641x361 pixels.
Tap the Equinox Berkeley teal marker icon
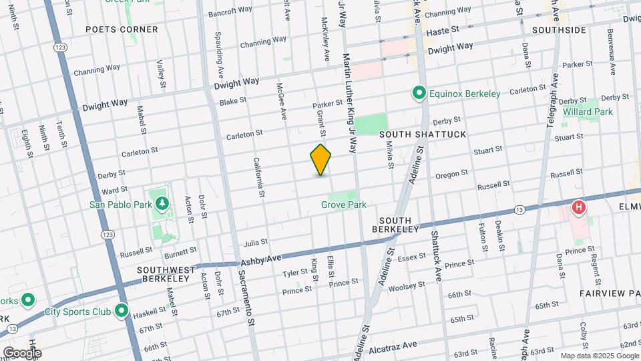(x=419, y=94)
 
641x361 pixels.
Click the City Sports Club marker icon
(x=122, y=311)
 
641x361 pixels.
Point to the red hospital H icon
(x=579, y=208)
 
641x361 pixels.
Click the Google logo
(x=21, y=352)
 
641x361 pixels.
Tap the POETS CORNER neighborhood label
(x=122, y=29)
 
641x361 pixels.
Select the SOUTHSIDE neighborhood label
(x=560, y=30)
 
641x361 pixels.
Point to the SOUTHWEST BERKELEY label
(x=166, y=275)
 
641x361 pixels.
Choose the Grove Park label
(x=344, y=205)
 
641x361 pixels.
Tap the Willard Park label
(x=588, y=112)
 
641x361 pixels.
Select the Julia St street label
(x=256, y=242)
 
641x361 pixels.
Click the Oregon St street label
(x=451, y=174)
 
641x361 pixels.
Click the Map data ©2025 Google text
(x=599, y=356)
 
